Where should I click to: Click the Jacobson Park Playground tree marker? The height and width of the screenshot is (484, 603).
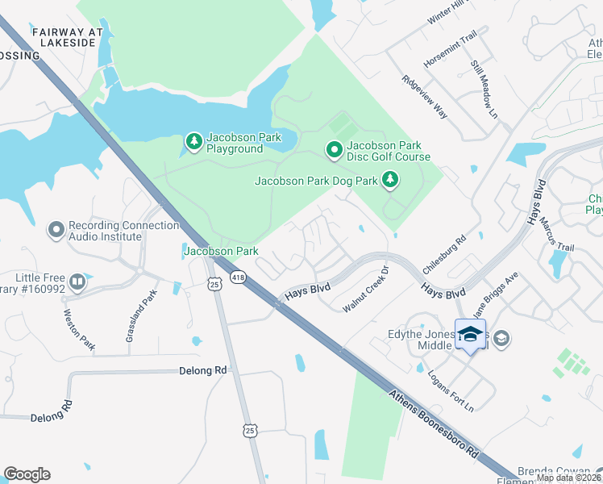(x=193, y=143)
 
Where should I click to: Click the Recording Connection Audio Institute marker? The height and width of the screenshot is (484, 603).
(x=56, y=231)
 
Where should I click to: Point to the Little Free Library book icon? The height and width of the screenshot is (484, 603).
(x=77, y=282)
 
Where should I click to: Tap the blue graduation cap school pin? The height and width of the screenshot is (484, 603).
(x=470, y=334)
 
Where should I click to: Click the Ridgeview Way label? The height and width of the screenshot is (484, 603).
(x=424, y=98)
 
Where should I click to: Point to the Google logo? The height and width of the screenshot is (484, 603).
(x=27, y=474)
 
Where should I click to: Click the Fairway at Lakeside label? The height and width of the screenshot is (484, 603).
(x=69, y=37)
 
